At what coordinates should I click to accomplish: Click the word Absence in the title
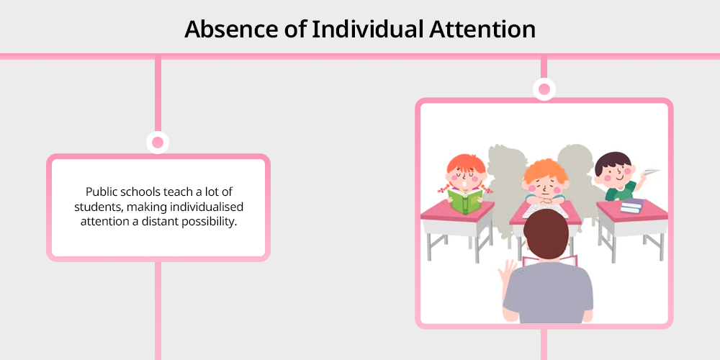231,30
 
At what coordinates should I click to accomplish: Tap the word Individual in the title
367,30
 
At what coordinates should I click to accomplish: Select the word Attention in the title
482,30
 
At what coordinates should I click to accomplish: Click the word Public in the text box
99,192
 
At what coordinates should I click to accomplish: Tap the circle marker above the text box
158,143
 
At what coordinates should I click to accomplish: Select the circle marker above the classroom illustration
544,89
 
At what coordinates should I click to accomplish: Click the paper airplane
652,172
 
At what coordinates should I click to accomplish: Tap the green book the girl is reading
465,202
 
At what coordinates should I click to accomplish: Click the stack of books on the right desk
632,206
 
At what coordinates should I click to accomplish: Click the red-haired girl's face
466,176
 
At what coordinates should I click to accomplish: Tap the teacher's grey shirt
548,294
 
